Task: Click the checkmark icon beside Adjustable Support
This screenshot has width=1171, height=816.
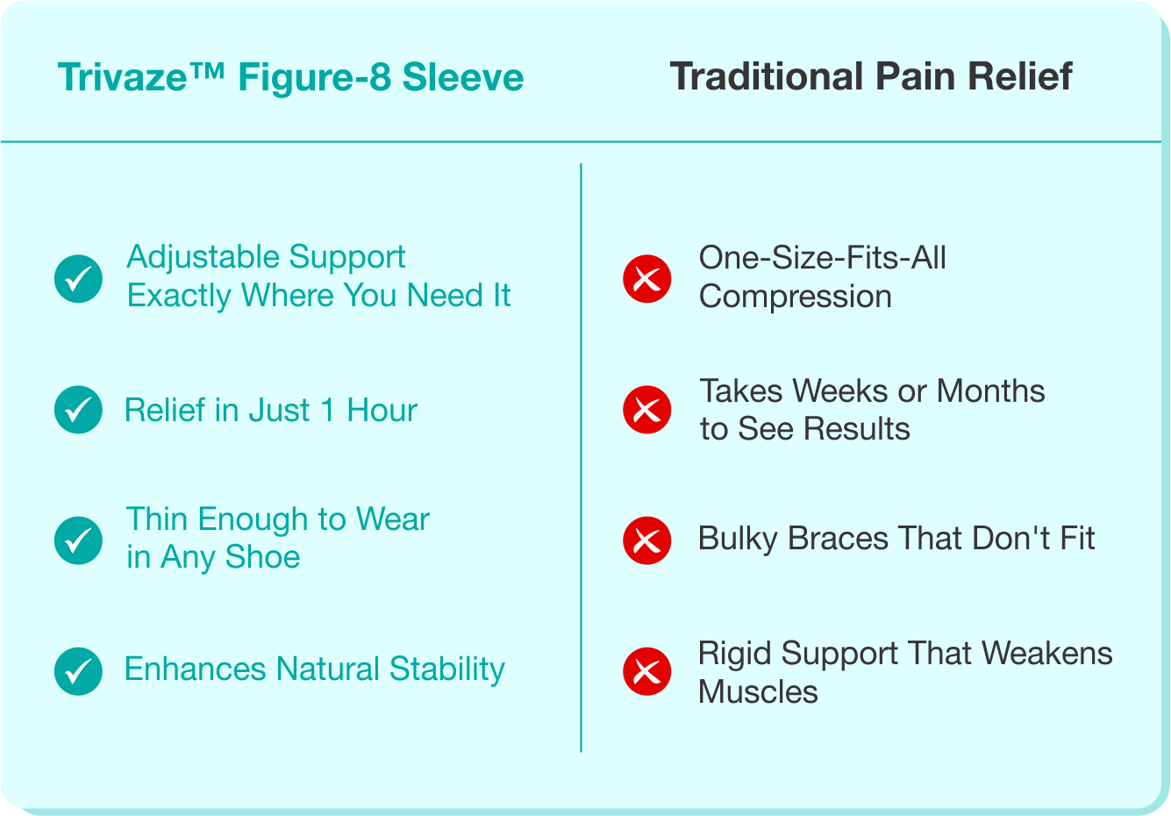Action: point(78,279)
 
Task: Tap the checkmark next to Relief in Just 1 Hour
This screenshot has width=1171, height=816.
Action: point(78,410)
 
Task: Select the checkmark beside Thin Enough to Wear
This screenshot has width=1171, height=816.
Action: point(78,540)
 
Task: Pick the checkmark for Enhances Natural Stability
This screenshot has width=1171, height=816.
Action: point(78,671)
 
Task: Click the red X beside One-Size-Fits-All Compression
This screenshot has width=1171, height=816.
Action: point(646,279)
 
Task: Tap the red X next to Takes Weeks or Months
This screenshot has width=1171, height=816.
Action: point(646,410)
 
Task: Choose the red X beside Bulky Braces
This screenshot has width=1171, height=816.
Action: point(646,540)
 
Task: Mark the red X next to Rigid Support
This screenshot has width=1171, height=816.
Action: point(646,671)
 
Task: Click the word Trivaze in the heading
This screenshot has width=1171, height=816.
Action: point(122,77)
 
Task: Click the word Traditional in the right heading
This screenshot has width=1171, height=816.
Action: point(767,76)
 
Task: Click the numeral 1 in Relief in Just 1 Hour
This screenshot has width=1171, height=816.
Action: point(328,410)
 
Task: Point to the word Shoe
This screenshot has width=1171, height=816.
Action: point(262,556)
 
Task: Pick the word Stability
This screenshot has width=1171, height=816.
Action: point(447,669)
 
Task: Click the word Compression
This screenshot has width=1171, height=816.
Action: point(795,297)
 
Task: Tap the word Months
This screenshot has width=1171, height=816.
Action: point(990,390)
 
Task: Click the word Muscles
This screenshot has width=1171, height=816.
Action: point(758,691)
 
